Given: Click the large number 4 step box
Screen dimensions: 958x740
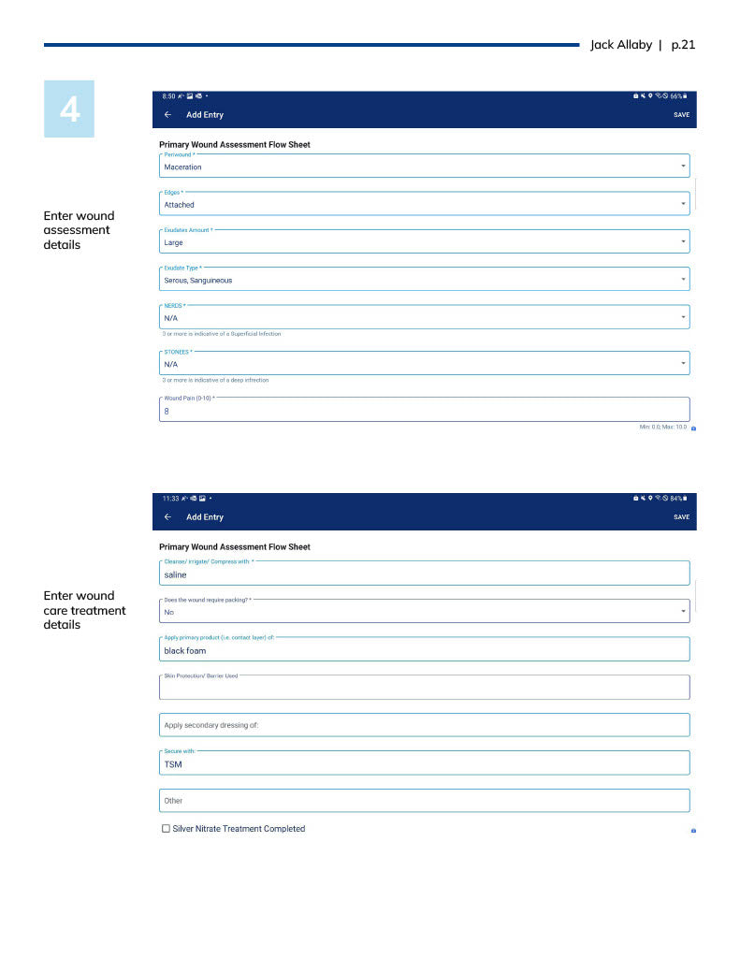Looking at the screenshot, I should point(69,109).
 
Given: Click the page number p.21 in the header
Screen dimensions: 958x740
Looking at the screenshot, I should point(684,45).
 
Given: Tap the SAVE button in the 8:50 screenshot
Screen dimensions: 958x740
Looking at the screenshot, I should point(681,115).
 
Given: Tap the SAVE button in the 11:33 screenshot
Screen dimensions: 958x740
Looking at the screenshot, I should point(681,517).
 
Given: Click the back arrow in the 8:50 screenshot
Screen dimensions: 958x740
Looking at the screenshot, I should point(167,115).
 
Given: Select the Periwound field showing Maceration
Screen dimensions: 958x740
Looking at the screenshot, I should point(424,167).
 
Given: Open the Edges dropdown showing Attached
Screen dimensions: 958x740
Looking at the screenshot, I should point(424,204).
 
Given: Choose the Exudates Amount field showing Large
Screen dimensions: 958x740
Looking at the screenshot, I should point(424,242).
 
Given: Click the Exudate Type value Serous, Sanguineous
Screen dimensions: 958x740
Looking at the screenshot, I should point(198,280).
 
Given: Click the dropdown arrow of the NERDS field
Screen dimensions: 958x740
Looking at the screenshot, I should point(683,317).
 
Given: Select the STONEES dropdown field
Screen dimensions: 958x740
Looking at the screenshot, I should point(424,364).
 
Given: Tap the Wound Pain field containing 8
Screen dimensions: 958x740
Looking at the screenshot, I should point(424,410).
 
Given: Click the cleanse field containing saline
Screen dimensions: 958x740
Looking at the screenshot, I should point(424,574).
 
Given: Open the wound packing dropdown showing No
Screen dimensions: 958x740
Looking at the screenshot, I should point(424,612).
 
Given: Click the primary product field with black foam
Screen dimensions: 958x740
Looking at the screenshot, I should point(424,650).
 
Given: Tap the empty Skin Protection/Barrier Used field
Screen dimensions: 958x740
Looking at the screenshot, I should point(424,689).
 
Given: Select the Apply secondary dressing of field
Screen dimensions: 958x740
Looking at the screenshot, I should point(424,725).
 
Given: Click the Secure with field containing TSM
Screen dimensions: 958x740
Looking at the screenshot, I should point(424,763).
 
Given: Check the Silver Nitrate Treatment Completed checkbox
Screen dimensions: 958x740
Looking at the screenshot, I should point(167,829).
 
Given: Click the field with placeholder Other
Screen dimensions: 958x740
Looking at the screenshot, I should point(424,801).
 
